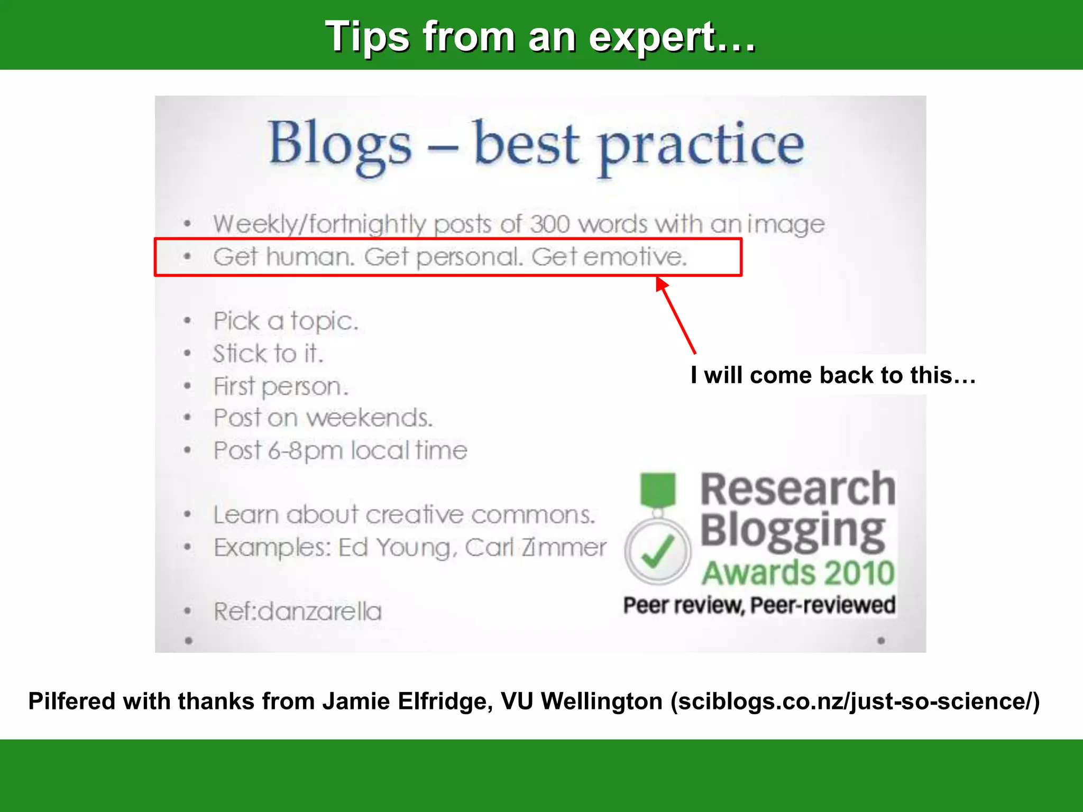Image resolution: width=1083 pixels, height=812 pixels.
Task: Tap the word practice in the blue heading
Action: click(x=701, y=146)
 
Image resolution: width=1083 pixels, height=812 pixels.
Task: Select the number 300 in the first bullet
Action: click(x=549, y=224)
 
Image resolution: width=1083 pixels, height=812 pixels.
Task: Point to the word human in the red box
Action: click(x=309, y=257)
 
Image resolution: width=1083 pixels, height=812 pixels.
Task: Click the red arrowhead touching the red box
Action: click(x=662, y=284)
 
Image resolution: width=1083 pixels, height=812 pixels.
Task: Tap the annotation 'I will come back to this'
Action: click(x=832, y=375)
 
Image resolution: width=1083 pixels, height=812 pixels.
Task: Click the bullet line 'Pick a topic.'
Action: click(x=286, y=321)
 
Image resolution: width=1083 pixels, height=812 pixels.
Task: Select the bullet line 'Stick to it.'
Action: click(x=268, y=354)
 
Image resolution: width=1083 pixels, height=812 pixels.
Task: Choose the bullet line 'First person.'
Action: click(x=281, y=386)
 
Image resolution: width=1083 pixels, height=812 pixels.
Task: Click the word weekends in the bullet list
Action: click(x=370, y=418)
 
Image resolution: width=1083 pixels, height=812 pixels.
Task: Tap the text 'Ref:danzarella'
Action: click(x=298, y=612)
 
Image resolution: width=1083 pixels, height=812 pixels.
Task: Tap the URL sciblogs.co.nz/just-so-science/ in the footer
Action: click(x=855, y=702)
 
